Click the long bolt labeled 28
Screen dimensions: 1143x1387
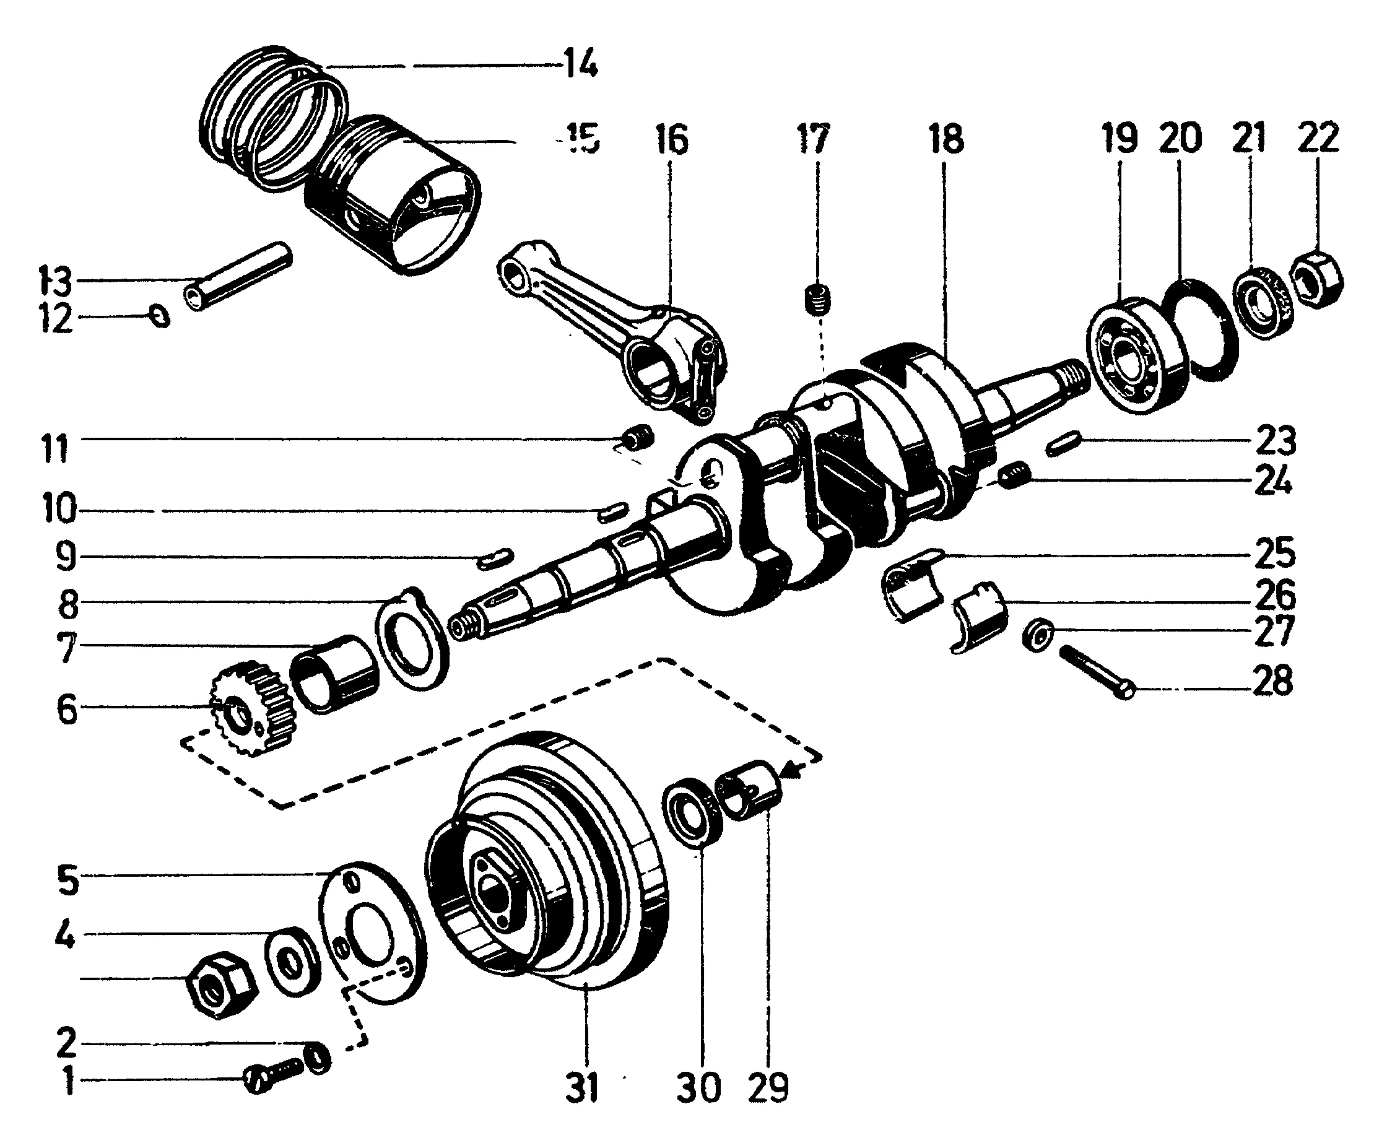[x=1097, y=671]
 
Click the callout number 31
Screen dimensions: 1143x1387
[x=582, y=1087]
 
